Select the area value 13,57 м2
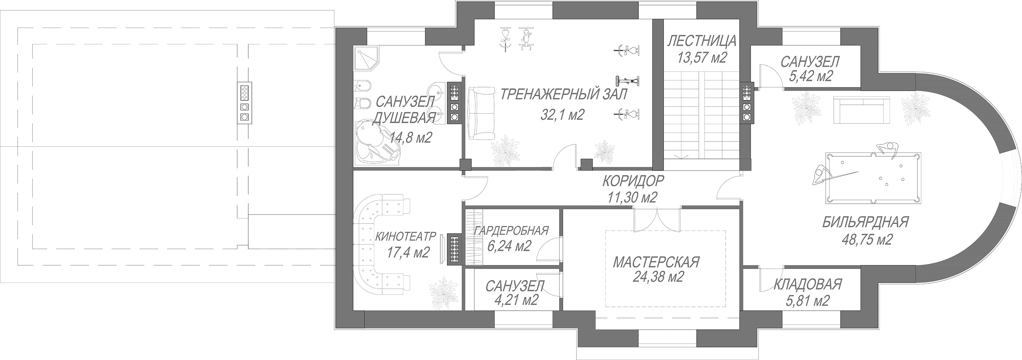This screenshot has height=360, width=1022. [x=702, y=58]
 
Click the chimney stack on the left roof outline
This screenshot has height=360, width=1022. [x=244, y=103]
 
